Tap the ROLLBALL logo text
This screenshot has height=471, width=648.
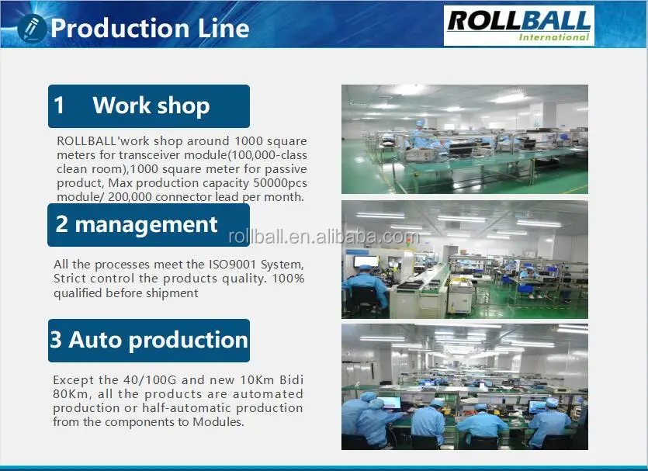click(519, 19)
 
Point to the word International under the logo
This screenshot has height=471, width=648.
click(553, 36)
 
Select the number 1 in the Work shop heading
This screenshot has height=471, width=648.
click(60, 106)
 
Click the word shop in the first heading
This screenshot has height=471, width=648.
click(185, 106)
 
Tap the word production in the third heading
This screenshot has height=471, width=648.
click(198, 339)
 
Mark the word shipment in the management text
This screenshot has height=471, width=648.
click(170, 293)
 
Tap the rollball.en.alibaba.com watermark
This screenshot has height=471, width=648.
click(324, 237)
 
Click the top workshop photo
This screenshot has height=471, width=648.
click(464, 139)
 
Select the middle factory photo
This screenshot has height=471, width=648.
click(464, 259)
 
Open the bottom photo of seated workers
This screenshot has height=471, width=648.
click(464, 386)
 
